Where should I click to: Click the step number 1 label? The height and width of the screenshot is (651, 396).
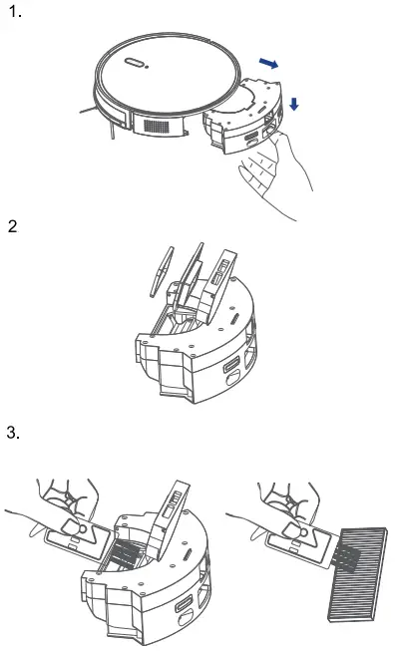(x=15, y=12)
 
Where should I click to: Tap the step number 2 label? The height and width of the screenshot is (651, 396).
(x=13, y=226)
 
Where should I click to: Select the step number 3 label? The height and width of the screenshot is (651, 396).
(x=13, y=433)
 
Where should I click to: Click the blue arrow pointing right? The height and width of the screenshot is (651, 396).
(x=268, y=63)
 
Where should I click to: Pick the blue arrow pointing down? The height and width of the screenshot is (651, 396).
(x=294, y=104)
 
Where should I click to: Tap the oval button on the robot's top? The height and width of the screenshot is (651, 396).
(x=134, y=62)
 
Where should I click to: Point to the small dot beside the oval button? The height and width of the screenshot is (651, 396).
(x=147, y=67)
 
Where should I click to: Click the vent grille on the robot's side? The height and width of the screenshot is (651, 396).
(x=157, y=126)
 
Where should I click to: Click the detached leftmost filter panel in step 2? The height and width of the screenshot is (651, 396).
(x=162, y=271)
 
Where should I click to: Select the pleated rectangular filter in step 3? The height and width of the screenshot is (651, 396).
(x=358, y=574)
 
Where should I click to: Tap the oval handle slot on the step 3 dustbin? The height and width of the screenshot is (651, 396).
(x=185, y=603)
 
